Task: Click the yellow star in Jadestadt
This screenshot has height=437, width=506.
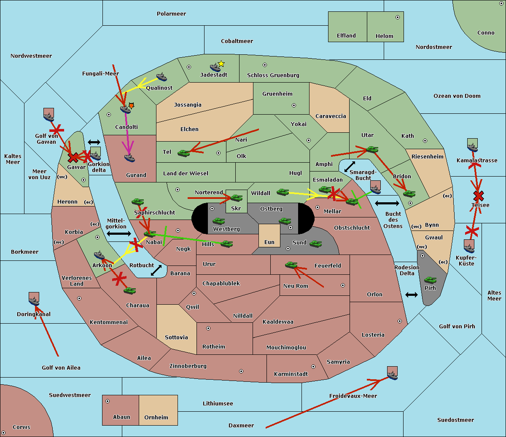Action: [221, 64]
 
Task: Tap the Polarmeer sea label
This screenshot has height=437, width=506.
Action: [171, 14]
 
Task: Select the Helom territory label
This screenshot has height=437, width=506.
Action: [384, 36]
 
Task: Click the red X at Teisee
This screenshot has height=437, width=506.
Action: [478, 196]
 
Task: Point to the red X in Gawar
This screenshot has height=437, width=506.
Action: [73, 158]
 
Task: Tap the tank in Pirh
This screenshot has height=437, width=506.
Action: [430, 280]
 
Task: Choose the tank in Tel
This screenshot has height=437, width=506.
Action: [183, 153]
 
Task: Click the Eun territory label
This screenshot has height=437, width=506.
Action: [269, 242]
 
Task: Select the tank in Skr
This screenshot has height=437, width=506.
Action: [236, 197]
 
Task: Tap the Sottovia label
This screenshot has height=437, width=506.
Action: [176, 338]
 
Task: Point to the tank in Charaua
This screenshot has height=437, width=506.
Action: [129, 290]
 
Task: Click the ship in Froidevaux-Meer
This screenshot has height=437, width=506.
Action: [392, 373]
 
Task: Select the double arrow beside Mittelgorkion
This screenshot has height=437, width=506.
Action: [119, 233]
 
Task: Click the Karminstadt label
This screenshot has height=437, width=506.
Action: [291, 374]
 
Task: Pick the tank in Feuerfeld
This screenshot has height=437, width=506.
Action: [291, 265]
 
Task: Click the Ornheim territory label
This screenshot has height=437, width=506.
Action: [156, 418]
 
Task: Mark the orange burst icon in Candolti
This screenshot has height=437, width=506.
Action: [131, 105]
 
